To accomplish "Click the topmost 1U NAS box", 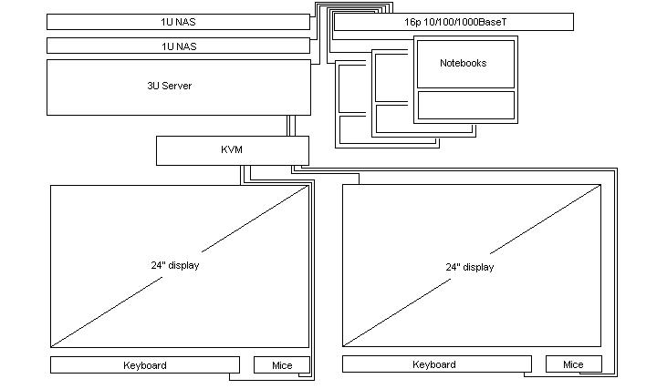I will coord(178,21).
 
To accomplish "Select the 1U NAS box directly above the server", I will coord(178,46).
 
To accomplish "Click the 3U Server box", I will coord(178,87).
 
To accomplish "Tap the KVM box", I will coord(232,150).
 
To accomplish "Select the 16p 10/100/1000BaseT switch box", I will coord(454,22).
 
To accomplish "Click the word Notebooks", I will coord(464,63).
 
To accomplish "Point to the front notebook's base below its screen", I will coord(465,105).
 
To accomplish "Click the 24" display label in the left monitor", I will coord(175,265).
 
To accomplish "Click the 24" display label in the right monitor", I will coord(469,267).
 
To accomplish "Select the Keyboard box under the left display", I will coord(144,365).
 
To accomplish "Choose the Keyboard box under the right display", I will coord(434,364).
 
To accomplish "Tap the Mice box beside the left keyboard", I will coord(282,365).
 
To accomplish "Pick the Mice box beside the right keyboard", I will coord(573,364).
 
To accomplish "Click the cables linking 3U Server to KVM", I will coord(290,126).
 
